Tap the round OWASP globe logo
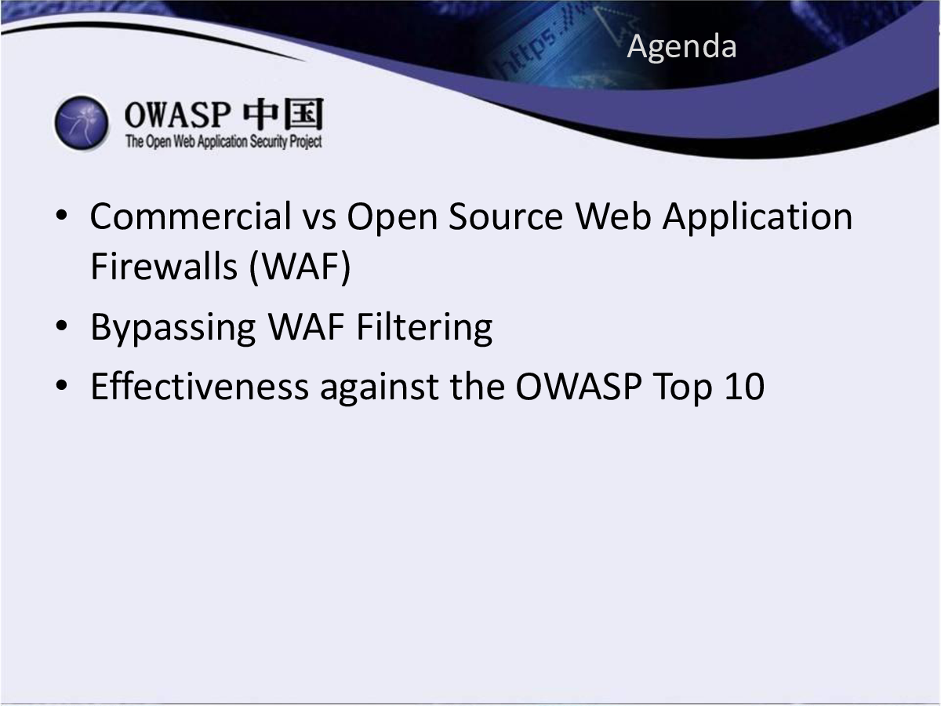(82, 123)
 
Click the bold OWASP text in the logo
(177, 115)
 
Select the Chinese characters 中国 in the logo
(283, 114)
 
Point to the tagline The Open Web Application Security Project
(223, 141)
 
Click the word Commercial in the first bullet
(191, 217)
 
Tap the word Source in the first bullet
(506, 217)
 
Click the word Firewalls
(164, 266)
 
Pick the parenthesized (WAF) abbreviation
(300, 267)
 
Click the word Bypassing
(173, 329)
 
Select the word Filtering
(424, 329)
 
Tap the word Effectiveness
(200, 386)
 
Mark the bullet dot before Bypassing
(62, 326)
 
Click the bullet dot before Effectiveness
(62, 385)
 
